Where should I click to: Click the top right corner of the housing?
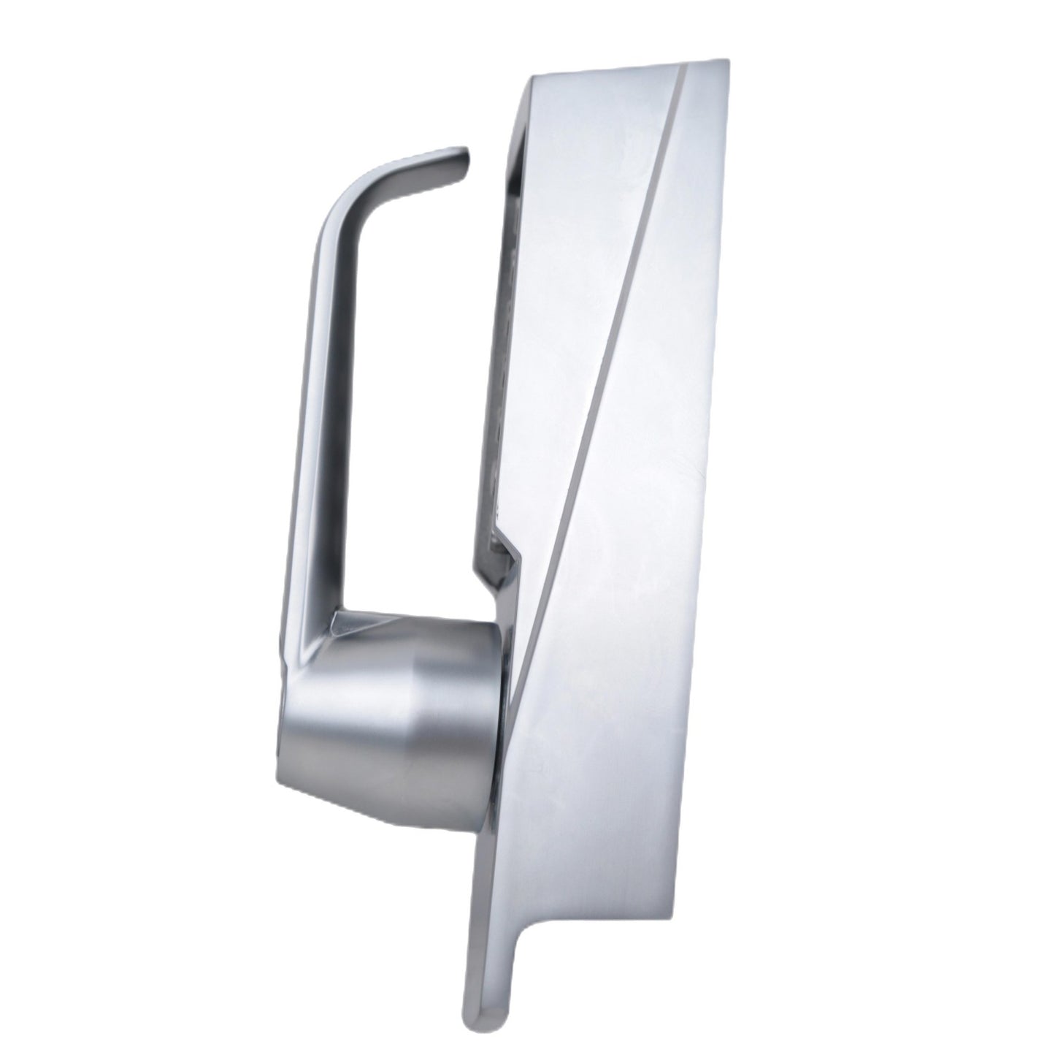(724, 61)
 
